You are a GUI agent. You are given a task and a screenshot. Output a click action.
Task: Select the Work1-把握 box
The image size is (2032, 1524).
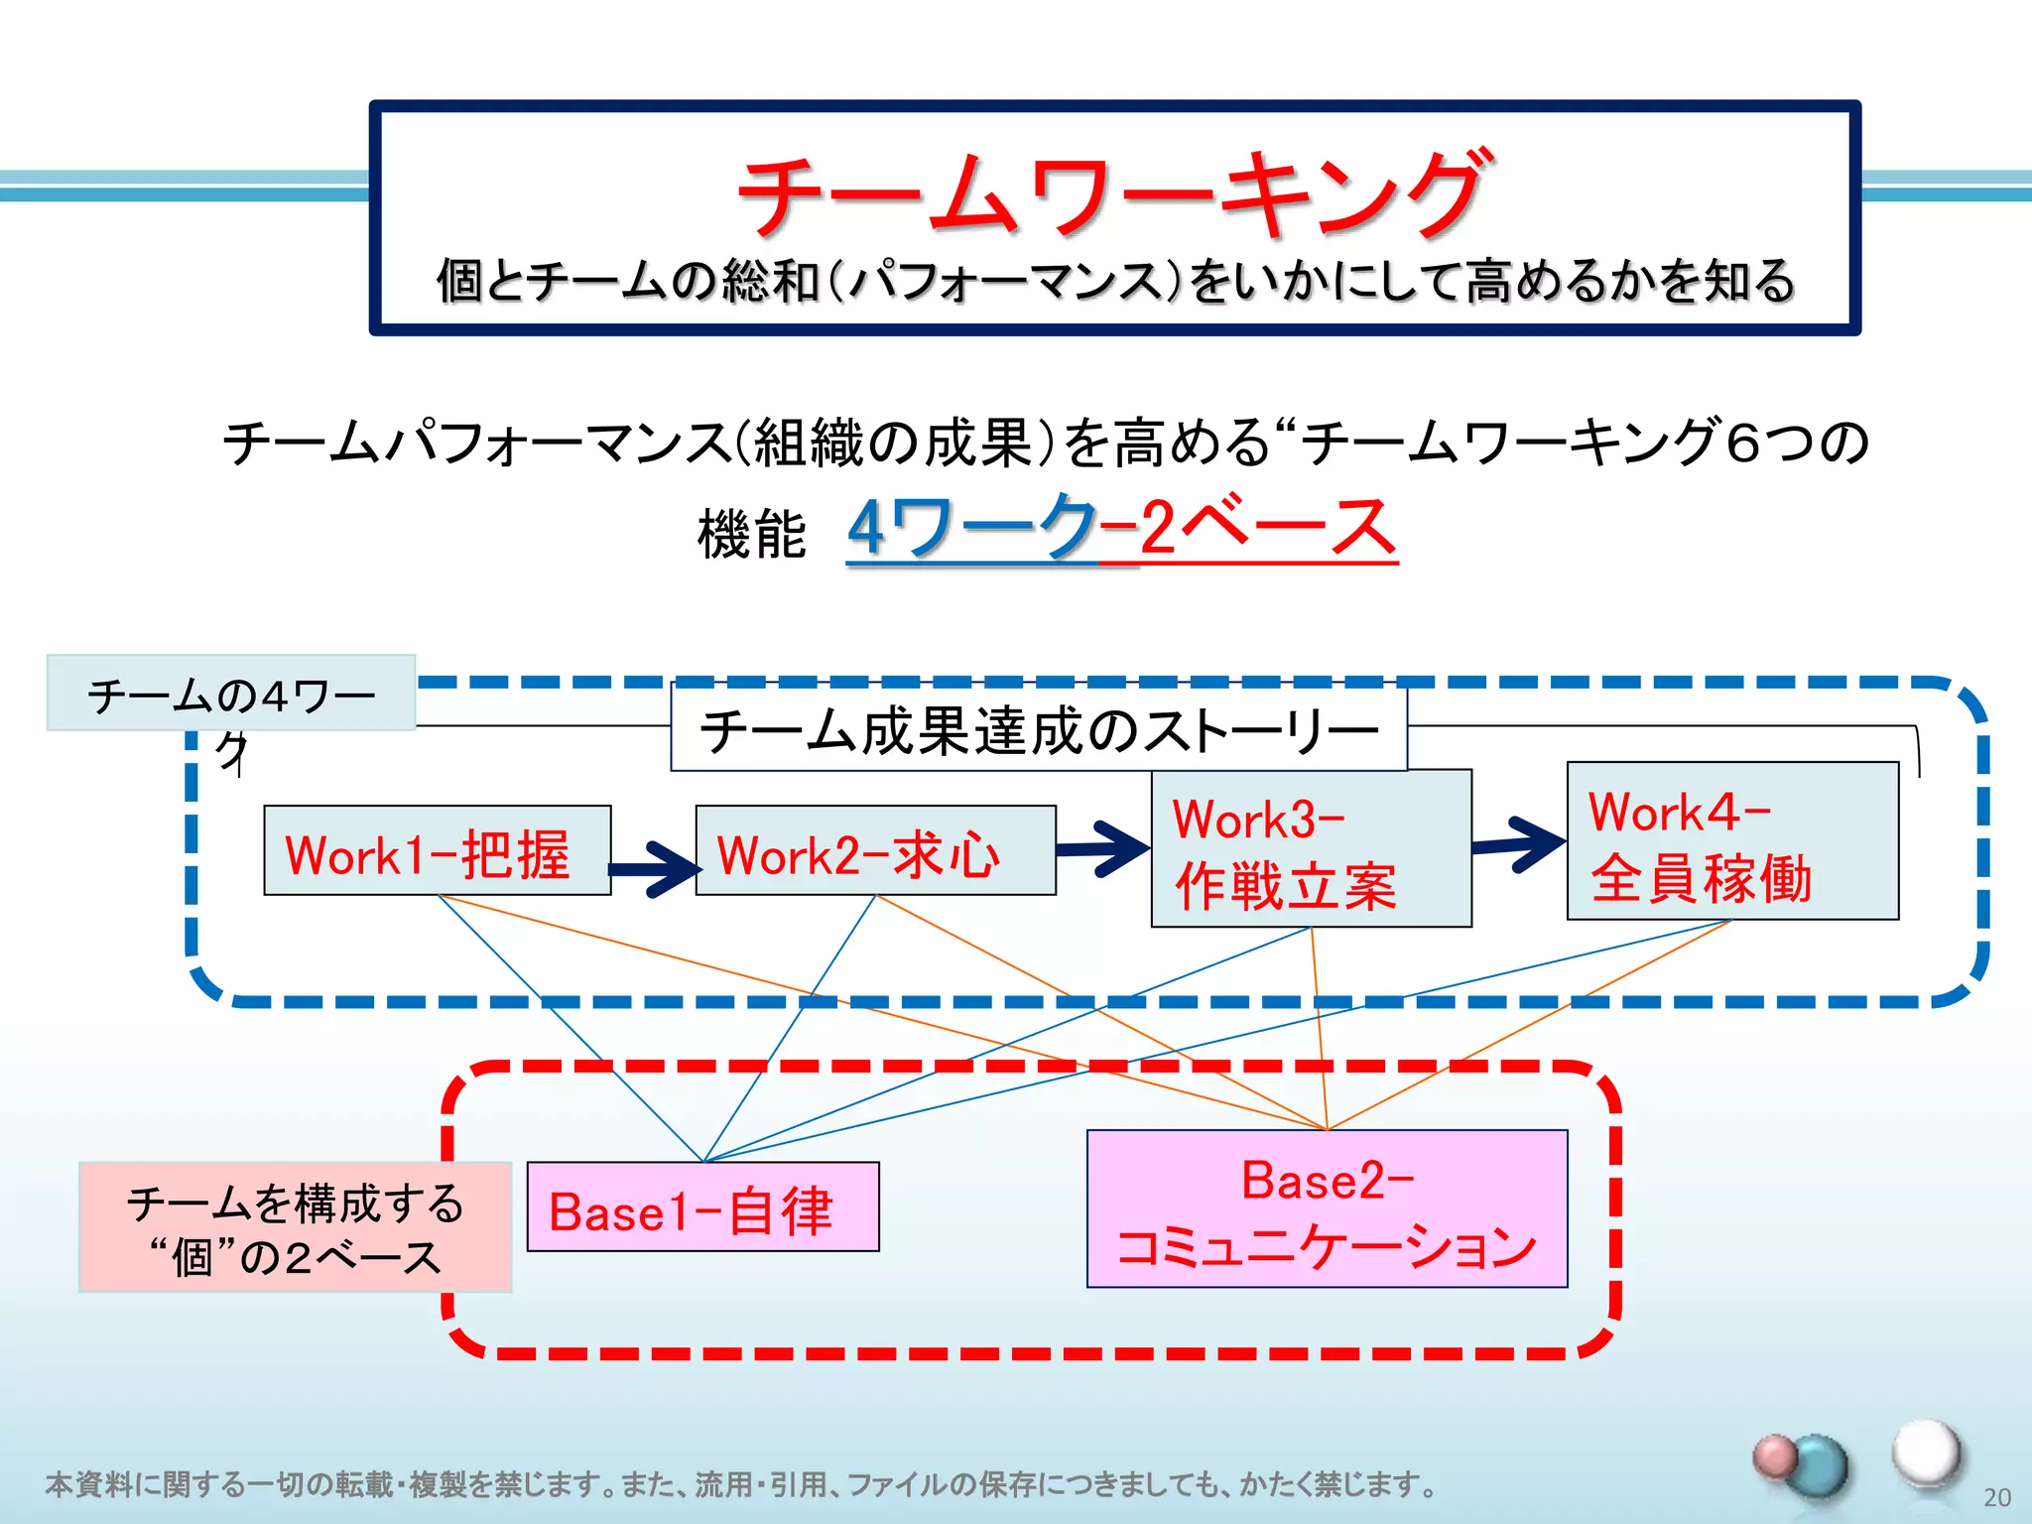click(437, 850)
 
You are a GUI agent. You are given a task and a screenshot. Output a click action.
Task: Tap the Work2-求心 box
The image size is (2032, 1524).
click(875, 850)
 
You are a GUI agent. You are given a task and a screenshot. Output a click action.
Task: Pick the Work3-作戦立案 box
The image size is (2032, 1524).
click(1311, 848)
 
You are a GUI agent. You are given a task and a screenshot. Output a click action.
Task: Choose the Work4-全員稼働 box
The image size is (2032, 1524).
click(1732, 841)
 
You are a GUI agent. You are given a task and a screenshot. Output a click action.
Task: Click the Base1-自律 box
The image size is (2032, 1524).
click(702, 1206)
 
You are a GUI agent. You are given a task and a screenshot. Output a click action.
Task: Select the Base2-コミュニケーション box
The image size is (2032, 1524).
click(1327, 1208)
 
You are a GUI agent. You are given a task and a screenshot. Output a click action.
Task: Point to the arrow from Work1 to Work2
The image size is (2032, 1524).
click(655, 868)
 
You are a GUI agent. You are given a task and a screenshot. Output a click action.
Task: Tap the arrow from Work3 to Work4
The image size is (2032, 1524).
click(1519, 843)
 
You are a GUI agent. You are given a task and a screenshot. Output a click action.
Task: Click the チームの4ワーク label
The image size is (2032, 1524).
click(231, 694)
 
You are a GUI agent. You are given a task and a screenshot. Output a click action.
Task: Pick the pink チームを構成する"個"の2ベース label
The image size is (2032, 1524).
click(295, 1227)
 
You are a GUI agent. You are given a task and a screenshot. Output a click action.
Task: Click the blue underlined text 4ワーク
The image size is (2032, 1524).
click(972, 528)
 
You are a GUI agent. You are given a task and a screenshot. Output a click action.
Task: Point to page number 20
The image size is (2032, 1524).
click(1996, 1497)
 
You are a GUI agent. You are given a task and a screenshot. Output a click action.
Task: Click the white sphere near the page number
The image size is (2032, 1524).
click(1926, 1452)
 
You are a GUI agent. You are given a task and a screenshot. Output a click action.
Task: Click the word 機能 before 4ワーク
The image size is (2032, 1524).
click(751, 534)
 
